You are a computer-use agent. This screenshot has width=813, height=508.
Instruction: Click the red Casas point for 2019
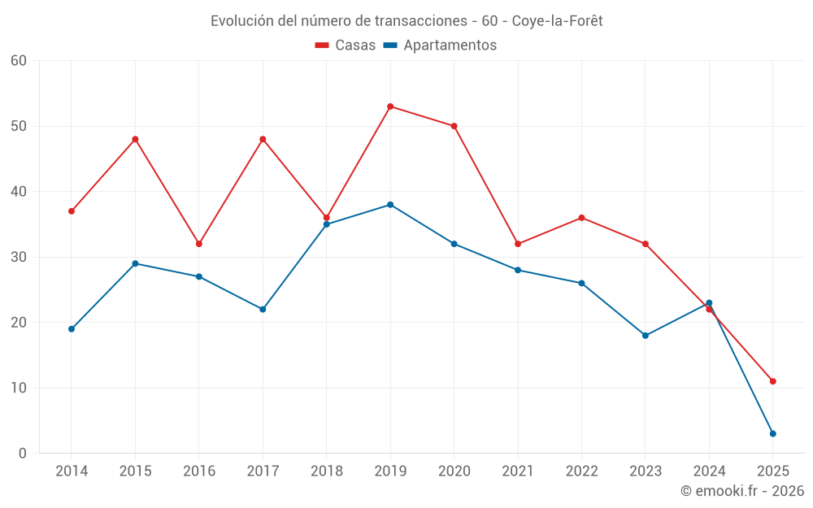(390, 106)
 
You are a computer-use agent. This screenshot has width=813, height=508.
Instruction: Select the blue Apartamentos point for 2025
(772, 433)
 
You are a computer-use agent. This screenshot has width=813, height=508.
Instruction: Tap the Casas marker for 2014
(72, 211)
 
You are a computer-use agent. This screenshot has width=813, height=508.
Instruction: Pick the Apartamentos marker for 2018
(327, 224)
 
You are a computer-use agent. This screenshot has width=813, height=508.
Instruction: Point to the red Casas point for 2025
(772, 381)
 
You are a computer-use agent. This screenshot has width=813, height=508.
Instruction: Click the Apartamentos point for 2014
(72, 329)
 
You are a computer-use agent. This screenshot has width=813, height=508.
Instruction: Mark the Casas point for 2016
(199, 244)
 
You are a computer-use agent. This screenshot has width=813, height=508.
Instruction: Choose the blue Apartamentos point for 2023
(646, 336)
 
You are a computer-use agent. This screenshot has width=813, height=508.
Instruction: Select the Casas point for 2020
(454, 126)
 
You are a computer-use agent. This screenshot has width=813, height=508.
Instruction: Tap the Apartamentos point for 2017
(263, 310)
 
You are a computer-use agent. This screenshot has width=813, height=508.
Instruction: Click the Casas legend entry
(346, 46)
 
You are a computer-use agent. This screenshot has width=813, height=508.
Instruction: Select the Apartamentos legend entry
(440, 46)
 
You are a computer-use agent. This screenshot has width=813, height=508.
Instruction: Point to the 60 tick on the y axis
(19, 61)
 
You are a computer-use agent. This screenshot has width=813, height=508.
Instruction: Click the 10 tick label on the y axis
(19, 389)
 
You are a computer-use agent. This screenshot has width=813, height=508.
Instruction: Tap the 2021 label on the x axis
(518, 471)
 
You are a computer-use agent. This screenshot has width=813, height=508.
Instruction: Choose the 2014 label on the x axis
(72, 471)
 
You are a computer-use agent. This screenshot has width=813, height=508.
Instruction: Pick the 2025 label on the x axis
(772, 471)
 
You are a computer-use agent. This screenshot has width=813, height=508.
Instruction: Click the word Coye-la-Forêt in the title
(557, 21)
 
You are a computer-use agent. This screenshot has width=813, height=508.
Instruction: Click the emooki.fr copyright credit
(742, 490)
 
